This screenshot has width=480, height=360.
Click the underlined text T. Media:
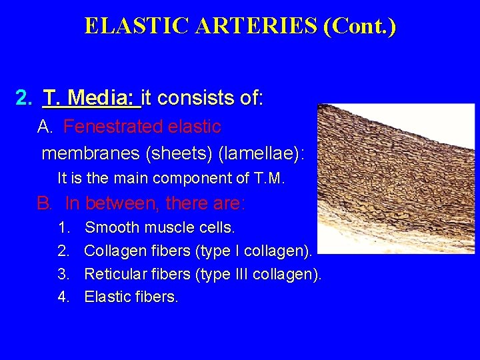pyautogui.click(x=91, y=99)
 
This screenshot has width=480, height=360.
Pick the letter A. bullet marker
pyautogui.click(x=45, y=126)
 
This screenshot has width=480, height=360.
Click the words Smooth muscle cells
pyautogui.click(x=160, y=227)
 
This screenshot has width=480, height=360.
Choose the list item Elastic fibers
pyautogui.click(x=131, y=297)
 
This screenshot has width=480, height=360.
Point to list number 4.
pyautogui.click(x=63, y=297)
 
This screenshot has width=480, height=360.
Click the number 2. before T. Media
pyautogui.click(x=23, y=99)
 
